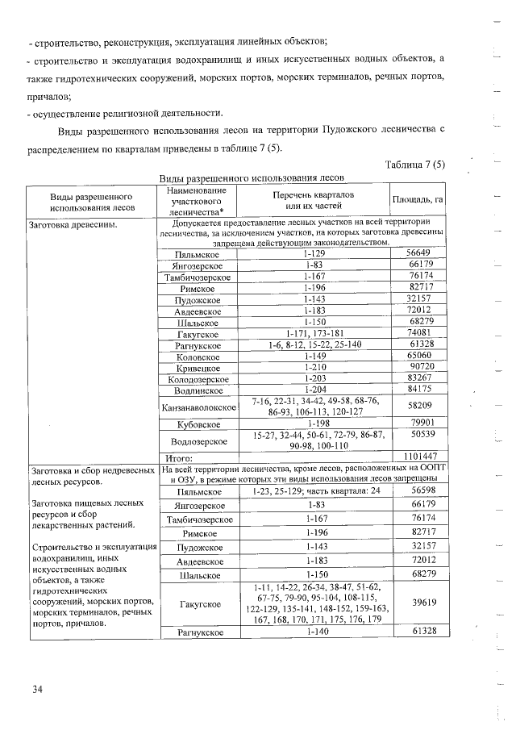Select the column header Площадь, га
pyautogui.click(x=418, y=199)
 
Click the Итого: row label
pyautogui.click(x=177, y=457)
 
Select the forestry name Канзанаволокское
pyautogui.click(x=198, y=407)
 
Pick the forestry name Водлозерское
pyautogui.click(x=198, y=440)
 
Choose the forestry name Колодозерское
pyautogui.click(x=198, y=378)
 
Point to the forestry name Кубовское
pyautogui.click(x=198, y=423)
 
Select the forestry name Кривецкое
pyautogui.click(x=198, y=366)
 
